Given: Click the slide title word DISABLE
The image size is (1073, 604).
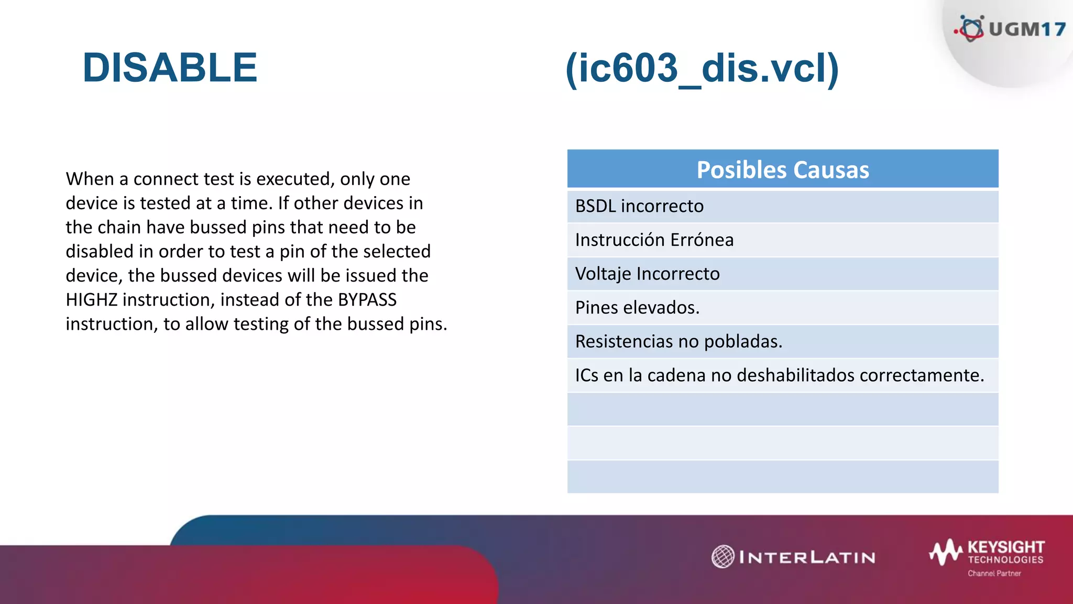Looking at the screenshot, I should tap(170, 68).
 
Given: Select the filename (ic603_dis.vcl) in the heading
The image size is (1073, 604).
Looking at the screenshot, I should tap(702, 68).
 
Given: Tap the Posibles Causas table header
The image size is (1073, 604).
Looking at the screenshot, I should tap(783, 170).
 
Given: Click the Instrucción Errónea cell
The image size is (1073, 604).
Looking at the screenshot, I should tap(654, 240).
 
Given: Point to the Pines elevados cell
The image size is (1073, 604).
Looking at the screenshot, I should tap(637, 308).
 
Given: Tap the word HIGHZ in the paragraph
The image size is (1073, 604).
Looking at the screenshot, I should tap(91, 300).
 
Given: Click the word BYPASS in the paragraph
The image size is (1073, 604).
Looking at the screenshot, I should tap(367, 300).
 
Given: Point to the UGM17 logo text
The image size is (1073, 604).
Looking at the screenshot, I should tap(1027, 29).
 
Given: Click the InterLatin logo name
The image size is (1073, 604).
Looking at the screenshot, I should tap(807, 557).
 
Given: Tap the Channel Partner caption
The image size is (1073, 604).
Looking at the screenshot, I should tap(994, 574).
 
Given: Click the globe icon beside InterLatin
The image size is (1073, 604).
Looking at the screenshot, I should tap(723, 557).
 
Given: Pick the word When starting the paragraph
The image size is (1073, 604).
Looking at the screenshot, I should tap(90, 179).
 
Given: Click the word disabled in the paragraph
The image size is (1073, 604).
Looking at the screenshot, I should tap(99, 252).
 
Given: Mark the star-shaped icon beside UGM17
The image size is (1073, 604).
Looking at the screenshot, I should tap(971, 28).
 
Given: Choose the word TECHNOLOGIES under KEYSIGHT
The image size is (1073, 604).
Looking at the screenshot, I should tap(1005, 560).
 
